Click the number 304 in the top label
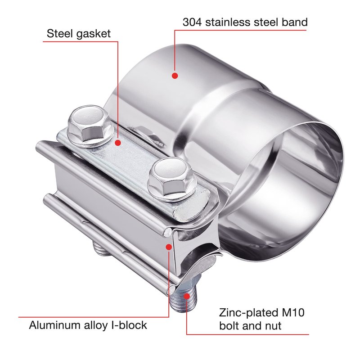[192, 22]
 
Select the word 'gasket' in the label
[94, 34]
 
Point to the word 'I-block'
[129, 325]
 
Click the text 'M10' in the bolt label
[293, 312]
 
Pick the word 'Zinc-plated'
[249, 313]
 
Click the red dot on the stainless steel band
[175, 76]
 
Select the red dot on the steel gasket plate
[118, 143]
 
